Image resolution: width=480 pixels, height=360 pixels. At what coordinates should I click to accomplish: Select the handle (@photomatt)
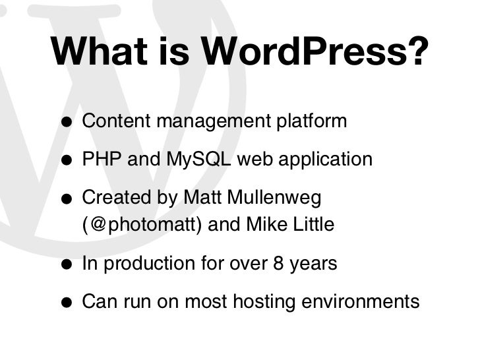[142, 225]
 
